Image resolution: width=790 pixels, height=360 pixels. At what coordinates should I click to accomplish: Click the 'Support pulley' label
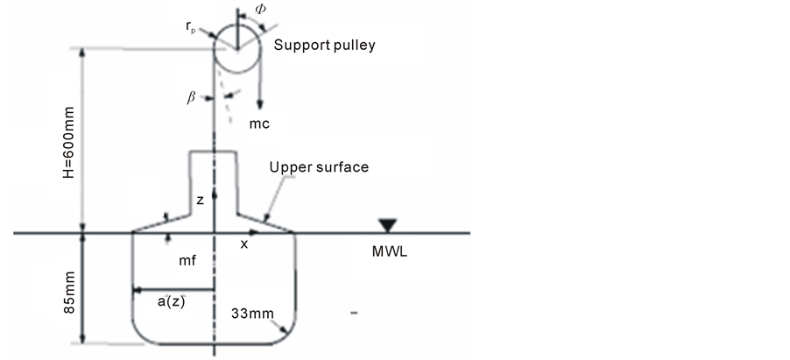coord(324,45)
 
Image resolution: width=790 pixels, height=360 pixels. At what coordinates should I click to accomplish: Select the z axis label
coord(200,201)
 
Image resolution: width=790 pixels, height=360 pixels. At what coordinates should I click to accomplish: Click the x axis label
coord(244,245)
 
